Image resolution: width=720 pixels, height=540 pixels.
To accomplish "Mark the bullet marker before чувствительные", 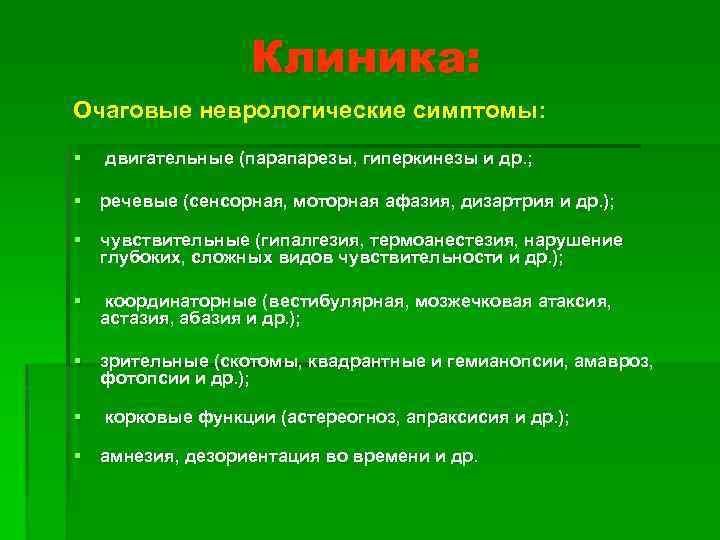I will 75,240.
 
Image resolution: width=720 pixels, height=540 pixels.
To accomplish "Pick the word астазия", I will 131,319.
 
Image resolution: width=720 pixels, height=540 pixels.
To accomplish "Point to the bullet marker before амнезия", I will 75,456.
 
